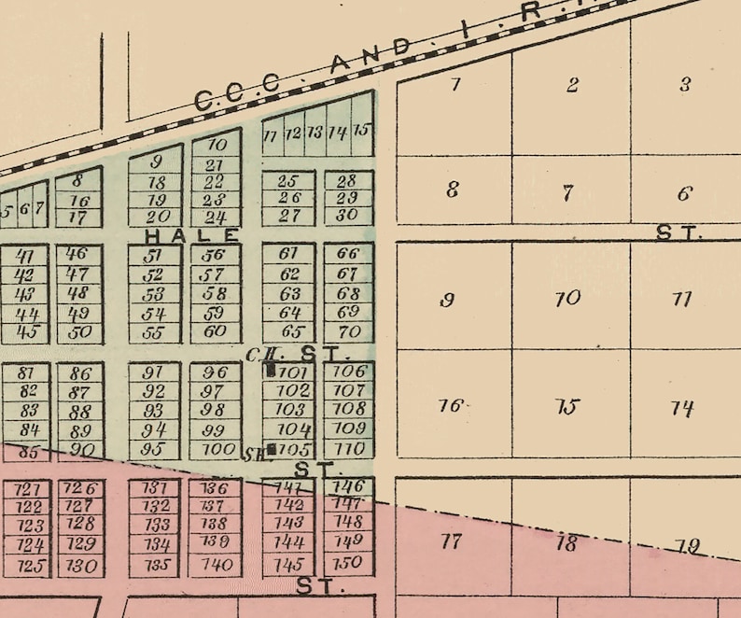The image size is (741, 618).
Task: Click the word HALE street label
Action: click(x=192, y=234)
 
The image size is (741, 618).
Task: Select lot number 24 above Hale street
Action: click(x=215, y=218)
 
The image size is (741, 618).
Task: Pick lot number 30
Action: click(x=347, y=215)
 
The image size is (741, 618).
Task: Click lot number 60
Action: click(x=215, y=330)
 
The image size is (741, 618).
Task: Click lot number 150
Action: click(x=347, y=563)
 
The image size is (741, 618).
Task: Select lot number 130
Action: click(x=80, y=565)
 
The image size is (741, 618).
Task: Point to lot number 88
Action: click(x=80, y=411)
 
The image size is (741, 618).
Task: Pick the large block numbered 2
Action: click(x=571, y=85)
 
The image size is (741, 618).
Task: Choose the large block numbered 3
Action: click(x=684, y=85)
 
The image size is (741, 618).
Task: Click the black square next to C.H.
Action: click(x=271, y=370)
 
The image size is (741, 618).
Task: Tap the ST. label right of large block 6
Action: click(x=678, y=233)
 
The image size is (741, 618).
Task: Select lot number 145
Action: click(x=289, y=564)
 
